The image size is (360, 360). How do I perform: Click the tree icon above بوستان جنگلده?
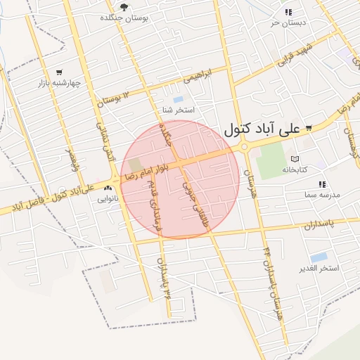pyautogui.click(x=124, y=7)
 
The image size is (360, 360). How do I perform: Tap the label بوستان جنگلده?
pyautogui.click(x=124, y=18)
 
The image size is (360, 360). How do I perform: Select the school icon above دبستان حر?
pyautogui.click(x=288, y=12)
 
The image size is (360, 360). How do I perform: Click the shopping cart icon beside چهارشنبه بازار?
pyautogui.click(x=58, y=72)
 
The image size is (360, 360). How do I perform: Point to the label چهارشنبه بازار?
pyautogui.click(x=60, y=82)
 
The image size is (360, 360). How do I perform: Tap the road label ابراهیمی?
pyautogui.click(x=201, y=76)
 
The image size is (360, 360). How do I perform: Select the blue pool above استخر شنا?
pyautogui.click(x=178, y=99)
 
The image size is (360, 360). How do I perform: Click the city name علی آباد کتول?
pyautogui.click(x=261, y=129)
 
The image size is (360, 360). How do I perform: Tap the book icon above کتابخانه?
pyautogui.click(x=295, y=159)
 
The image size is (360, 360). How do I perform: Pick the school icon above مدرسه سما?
pyautogui.click(x=322, y=184)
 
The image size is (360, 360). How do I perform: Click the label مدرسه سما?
pyautogui.click(x=323, y=194)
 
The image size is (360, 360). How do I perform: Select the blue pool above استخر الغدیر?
pyautogui.click(x=319, y=257)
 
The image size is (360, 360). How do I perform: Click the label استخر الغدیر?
pyautogui.click(x=319, y=269)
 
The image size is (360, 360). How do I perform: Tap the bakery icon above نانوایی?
pyautogui.click(x=108, y=188)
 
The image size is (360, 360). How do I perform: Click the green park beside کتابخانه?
pyautogui.click(x=270, y=162)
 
